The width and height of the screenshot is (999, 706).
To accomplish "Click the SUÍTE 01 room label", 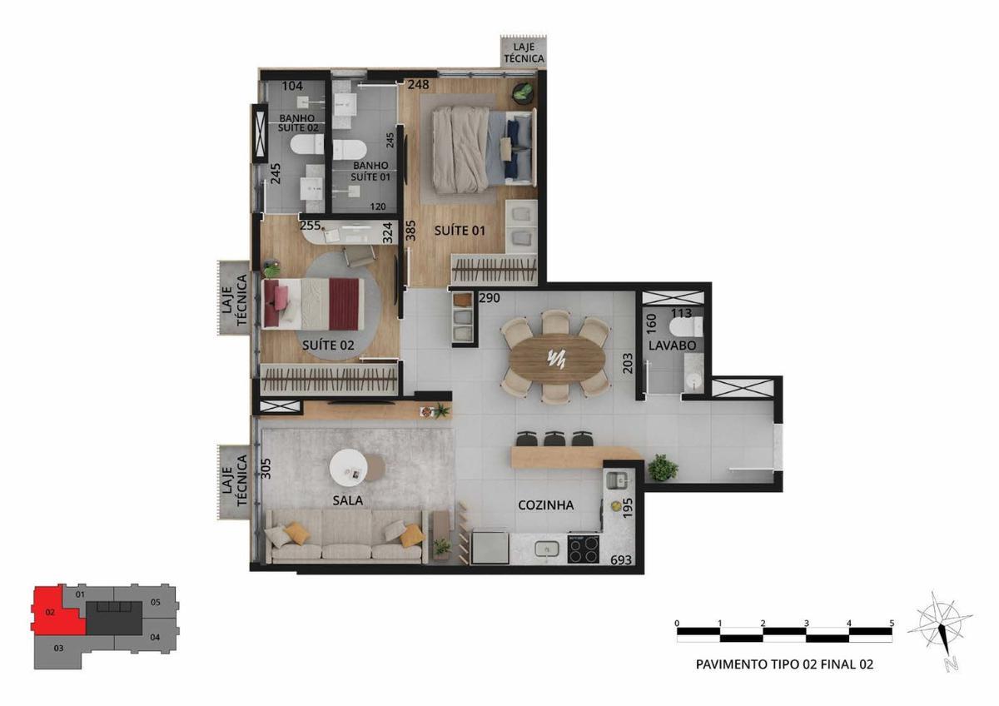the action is (x=460, y=231).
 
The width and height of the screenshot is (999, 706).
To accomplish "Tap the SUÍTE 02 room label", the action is (x=328, y=346).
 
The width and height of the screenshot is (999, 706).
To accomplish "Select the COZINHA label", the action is (x=545, y=505).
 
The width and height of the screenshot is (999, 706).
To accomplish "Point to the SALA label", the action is (x=348, y=500).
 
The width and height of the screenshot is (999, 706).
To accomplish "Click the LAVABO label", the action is (x=672, y=346).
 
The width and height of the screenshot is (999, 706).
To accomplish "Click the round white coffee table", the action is (x=348, y=468).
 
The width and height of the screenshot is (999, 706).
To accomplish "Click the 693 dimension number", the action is (x=621, y=559).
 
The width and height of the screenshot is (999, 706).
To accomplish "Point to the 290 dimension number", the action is (x=490, y=298).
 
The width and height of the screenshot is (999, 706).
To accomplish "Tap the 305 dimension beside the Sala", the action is (x=266, y=469).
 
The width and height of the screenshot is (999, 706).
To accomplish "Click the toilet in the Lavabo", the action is (x=686, y=327).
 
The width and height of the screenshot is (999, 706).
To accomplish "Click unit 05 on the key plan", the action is (x=155, y=602).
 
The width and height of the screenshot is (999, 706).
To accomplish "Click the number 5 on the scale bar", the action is (x=892, y=623).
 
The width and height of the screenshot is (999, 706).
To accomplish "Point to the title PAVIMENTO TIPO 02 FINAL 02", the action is (x=784, y=677).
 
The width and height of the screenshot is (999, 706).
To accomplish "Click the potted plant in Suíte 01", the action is (x=523, y=92).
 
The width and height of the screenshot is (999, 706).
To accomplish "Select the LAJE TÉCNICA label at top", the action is (x=524, y=52).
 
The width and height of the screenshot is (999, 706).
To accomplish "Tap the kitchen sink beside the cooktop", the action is (x=547, y=549).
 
